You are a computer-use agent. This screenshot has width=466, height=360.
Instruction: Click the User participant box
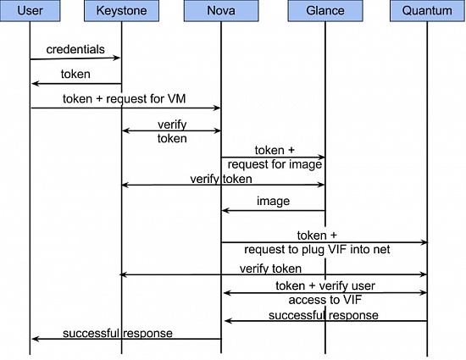[x=30, y=11]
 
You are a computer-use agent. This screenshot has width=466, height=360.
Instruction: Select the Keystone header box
[x=121, y=11]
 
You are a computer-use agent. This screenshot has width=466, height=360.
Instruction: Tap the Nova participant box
[x=221, y=11]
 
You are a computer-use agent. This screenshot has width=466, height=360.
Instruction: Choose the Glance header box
[x=325, y=11]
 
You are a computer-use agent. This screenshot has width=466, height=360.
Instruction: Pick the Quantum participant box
[x=427, y=11]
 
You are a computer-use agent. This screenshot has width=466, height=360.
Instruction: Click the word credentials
[x=75, y=49]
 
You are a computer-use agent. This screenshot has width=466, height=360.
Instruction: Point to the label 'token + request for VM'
[x=125, y=98]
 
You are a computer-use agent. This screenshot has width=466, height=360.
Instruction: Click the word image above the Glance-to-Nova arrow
[x=273, y=201]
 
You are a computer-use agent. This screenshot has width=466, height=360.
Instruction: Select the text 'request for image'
[x=275, y=164]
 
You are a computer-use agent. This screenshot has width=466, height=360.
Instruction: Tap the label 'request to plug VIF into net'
[x=317, y=249]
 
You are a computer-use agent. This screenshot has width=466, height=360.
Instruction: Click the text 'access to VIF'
[x=325, y=300]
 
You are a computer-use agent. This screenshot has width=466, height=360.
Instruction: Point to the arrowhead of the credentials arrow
[x=117, y=58]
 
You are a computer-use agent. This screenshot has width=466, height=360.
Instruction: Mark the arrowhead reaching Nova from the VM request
[x=217, y=108]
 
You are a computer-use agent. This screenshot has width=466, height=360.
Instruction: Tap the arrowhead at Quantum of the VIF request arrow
[x=424, y=242]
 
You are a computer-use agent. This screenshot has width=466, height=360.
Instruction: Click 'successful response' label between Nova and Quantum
[x=324, y=315]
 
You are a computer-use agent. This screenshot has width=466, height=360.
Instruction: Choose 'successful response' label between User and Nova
[x=118, y=333]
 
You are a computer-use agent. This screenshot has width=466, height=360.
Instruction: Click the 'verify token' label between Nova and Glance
[x=221, y=179]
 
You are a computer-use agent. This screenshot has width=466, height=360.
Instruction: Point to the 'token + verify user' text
[x=325, y=285]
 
